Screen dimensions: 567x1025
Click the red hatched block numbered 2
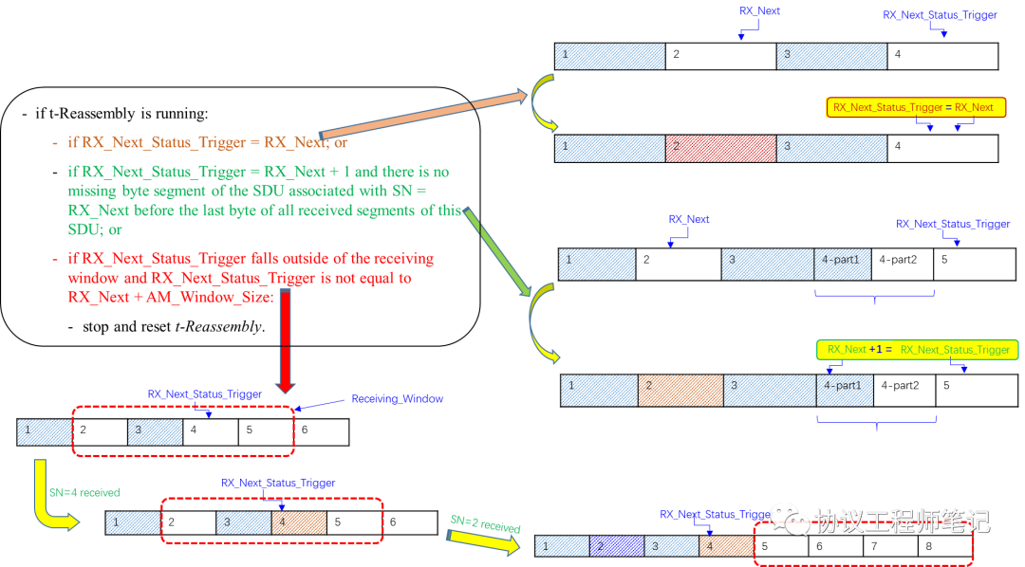tap(720, 148)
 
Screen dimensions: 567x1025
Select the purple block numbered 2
tap(616, 545)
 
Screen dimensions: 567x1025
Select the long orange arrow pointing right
tap(422, 115)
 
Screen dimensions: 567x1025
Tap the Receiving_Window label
tap(397, 399)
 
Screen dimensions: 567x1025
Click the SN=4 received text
tap(84, 493)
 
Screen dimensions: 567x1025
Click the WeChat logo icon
tap(790, 520)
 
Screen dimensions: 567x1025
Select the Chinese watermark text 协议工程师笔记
tap(902, 521)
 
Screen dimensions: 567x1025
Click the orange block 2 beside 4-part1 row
tap(680, 391)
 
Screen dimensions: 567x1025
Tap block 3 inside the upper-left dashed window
tap(155, 432)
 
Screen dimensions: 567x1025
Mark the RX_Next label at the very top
tap(759, 10)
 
